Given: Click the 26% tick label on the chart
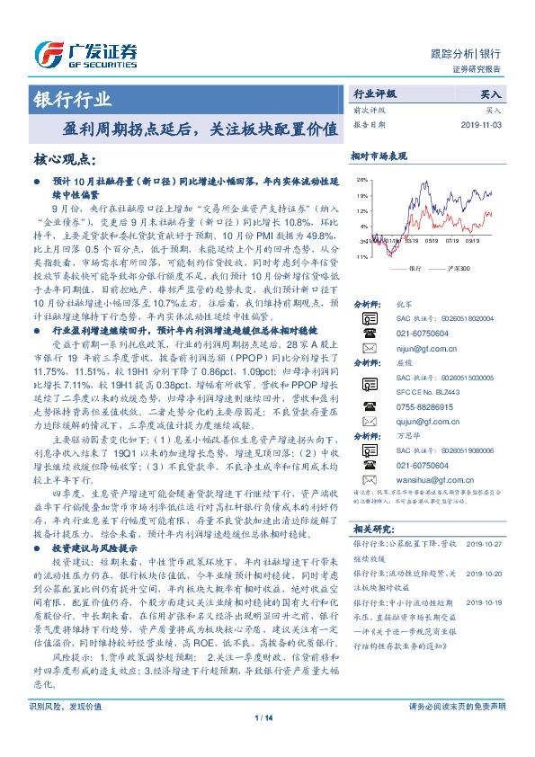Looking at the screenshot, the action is tap(361, 179).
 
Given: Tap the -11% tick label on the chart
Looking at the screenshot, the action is tap(360, 257).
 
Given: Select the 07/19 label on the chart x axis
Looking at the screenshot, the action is tap(452, 241).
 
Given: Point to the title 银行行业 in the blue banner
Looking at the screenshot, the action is tap(73, 99).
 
